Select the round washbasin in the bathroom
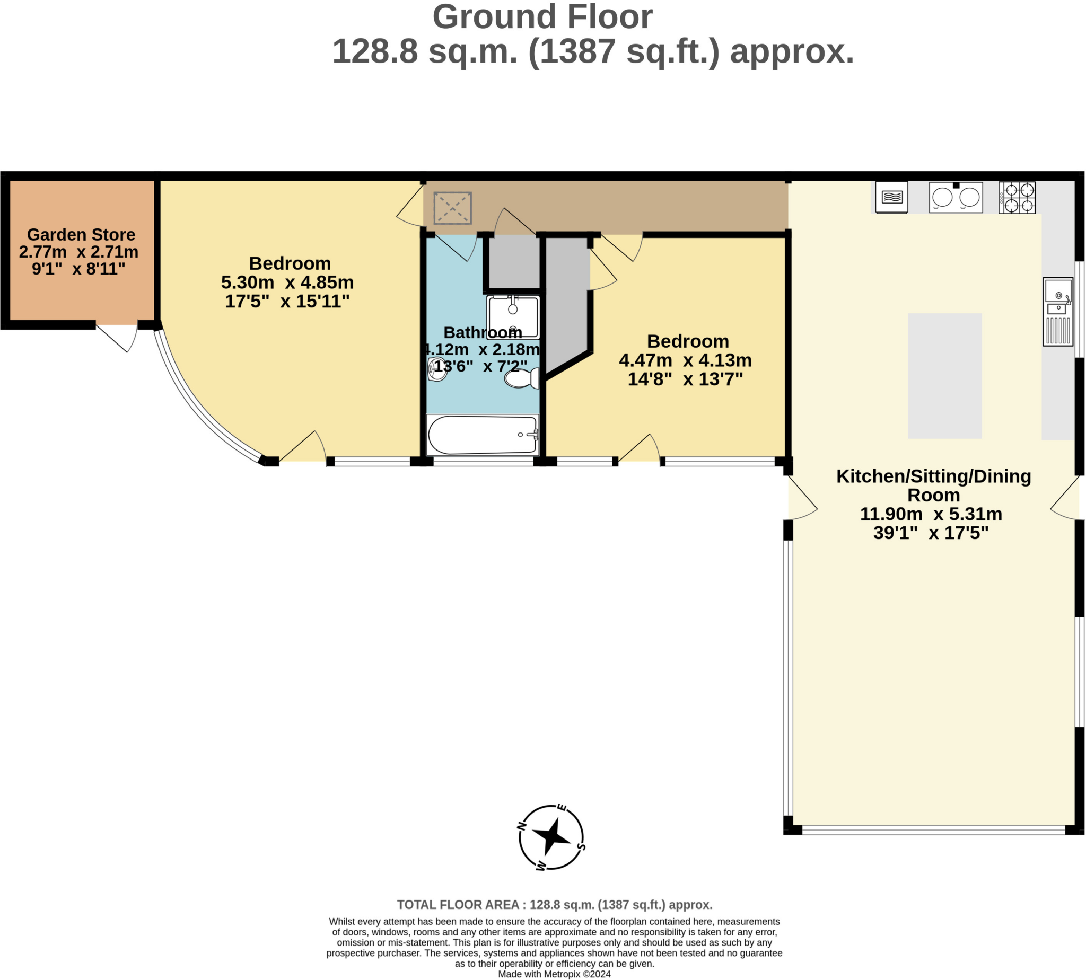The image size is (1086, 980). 437,370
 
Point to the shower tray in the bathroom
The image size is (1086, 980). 513,316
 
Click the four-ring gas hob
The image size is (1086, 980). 1017,198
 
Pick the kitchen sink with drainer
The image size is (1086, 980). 1057,312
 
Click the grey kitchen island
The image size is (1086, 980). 945,376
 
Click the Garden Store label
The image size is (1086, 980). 81,235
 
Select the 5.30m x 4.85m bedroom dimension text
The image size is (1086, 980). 287,282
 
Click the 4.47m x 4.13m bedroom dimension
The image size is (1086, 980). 685,360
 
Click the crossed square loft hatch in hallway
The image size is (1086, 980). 452,207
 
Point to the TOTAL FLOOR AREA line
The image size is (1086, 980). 554,905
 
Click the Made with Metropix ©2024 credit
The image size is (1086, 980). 554,974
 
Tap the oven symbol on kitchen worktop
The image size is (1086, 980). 891,198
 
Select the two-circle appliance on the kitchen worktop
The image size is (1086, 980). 956,198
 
